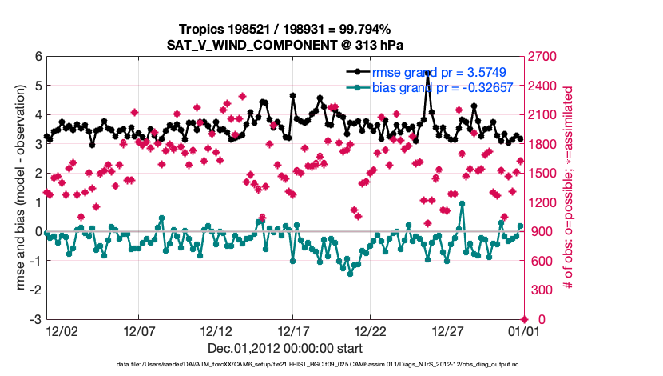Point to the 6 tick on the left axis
[37, 57]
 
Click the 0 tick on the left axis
[37, 232]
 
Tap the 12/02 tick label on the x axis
[62, 330]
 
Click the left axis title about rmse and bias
[22, 188]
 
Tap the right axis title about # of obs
[568, 188]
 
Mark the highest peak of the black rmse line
[427, 73]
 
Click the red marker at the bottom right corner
[523, 319]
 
